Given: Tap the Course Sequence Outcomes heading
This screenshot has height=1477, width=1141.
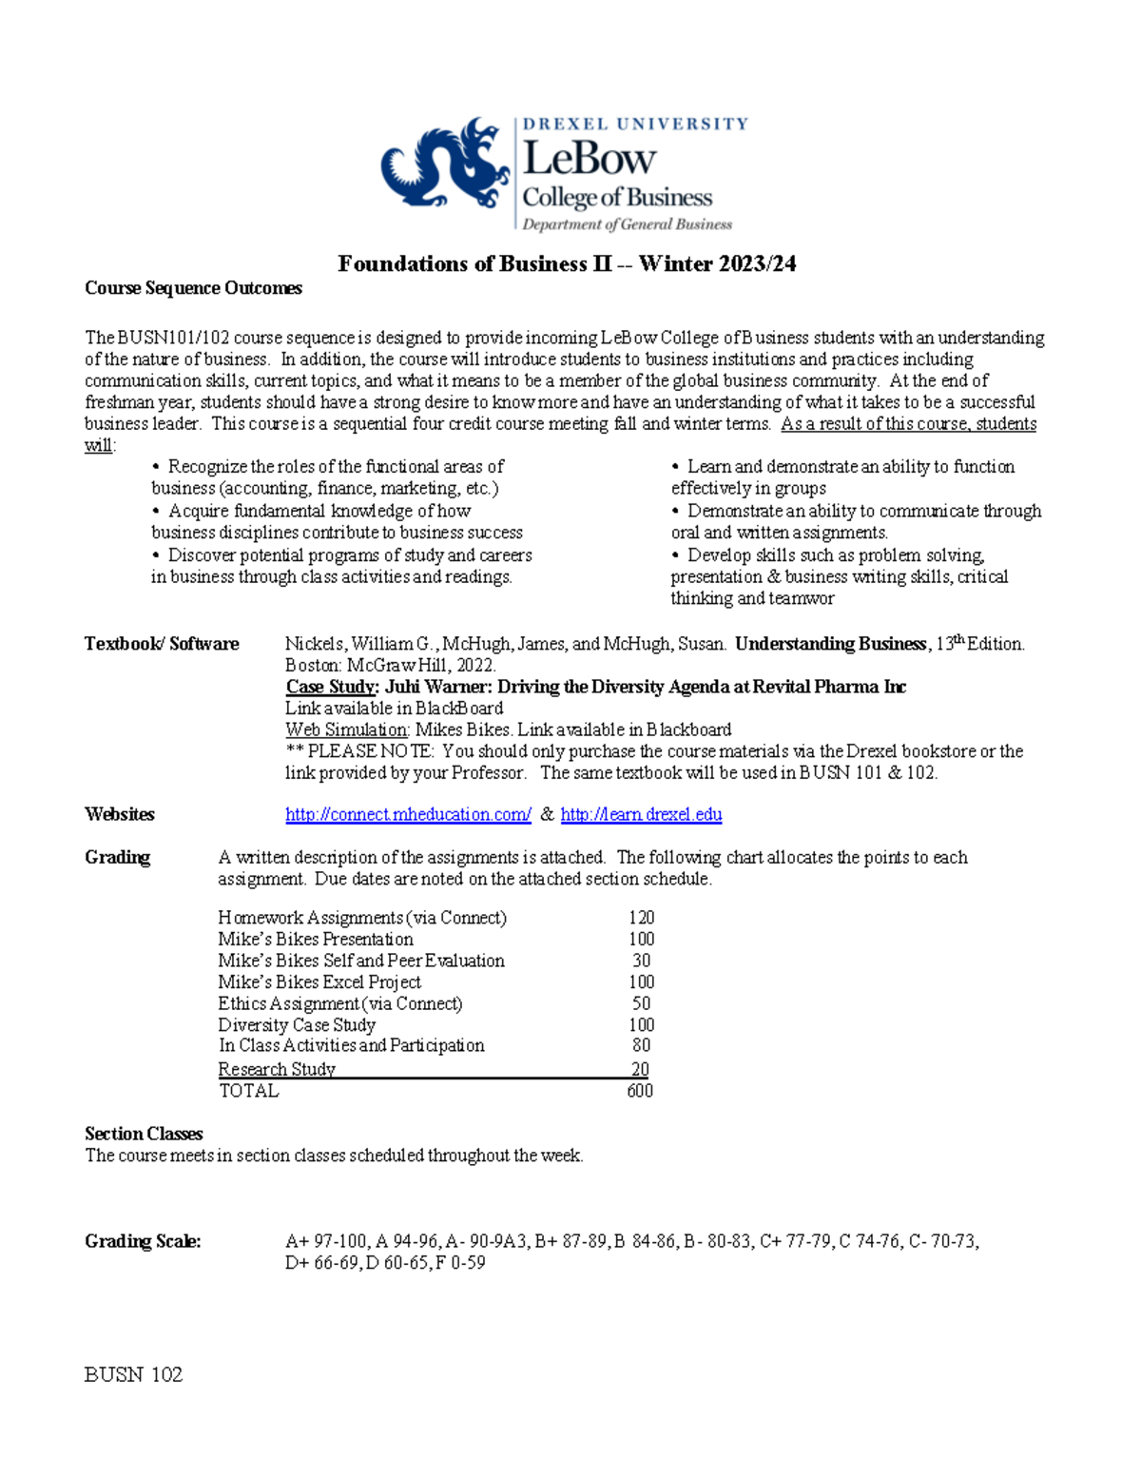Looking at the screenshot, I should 193,288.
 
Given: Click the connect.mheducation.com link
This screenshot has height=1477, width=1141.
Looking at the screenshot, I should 408,814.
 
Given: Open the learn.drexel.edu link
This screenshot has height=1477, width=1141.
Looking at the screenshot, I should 641,814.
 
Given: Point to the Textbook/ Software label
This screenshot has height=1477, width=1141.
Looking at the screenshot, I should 162,644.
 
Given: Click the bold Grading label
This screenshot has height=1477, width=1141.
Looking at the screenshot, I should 118,857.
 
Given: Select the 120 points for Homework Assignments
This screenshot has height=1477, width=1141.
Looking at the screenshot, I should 641,918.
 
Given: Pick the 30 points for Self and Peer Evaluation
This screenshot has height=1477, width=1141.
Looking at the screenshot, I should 641,961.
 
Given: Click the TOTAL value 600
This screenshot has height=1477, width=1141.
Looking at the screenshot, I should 640,1091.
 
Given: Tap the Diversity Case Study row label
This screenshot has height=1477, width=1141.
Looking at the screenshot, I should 297,1024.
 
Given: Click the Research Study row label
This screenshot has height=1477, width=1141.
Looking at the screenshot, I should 277,1069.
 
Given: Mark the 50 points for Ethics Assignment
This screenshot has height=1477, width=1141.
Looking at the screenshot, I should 641,1003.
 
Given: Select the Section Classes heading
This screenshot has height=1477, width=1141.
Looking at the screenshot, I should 144,1134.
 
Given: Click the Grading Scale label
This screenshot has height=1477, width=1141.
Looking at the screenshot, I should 143,1241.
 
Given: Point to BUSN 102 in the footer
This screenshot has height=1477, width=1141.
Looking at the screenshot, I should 133,1374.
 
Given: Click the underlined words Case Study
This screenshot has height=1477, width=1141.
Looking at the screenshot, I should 331,687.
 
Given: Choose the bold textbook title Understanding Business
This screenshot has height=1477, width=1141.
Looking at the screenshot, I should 830,644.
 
